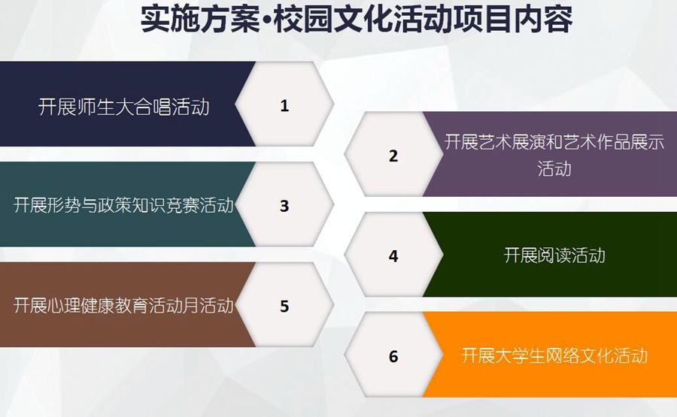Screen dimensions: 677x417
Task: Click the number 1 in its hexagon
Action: click(x=284, y=106)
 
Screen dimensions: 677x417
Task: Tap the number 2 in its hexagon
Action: click(x=393, y=156)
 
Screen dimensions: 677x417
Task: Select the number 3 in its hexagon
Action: click(x=284, y=206)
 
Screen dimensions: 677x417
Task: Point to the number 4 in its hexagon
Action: click(x=393, y=255)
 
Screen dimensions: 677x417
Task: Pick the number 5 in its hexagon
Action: click(x=284, y=306)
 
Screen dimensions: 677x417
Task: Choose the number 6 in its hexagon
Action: click(x=393, y=356)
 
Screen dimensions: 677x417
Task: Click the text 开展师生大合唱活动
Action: click(x=124, y=107)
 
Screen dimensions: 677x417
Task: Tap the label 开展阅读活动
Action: click(x=554, y=255)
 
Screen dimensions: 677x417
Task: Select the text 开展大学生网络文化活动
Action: click(x=554, y=355)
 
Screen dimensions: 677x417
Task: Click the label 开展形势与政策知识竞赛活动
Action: click(x=123, y=205)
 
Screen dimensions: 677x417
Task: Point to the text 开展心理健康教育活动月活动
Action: click(x=123, y=305)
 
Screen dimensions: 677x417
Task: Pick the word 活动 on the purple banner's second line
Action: click(x=554, y=168)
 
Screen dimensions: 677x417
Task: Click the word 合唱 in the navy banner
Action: click(x=153, y=107)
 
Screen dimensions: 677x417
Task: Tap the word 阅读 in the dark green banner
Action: click(x=554, y=255)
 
